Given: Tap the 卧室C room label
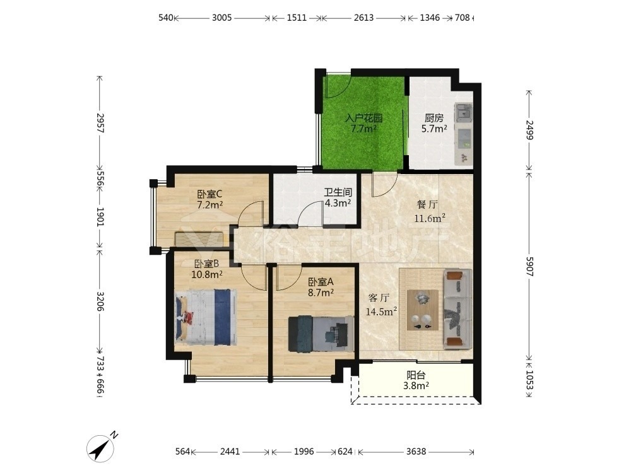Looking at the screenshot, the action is [x=209, y=194].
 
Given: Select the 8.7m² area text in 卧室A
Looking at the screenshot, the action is [x=321, y=293].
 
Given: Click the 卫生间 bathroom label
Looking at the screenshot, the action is [x=338, y=192].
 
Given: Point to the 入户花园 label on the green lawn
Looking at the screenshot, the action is [x=364, y=119].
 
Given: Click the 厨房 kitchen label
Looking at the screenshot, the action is [x=434, y=119].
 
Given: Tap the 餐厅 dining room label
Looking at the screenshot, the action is [x=427, y=205].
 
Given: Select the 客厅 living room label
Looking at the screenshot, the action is [x=379, y=298].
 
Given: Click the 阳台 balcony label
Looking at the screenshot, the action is [x=416, y=375].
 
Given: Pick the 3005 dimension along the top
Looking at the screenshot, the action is [x=221, y=18].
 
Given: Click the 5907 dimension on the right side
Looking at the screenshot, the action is [x=529, y=266].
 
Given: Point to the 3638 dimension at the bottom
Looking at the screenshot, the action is [x=416, y=452].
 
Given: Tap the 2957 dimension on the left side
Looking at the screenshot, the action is [x=100, y=124].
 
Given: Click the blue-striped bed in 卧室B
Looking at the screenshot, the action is [x=206, y=317].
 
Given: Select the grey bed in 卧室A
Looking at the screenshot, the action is [x=321, y=334].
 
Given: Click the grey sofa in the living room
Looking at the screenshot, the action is [x=457, y=308].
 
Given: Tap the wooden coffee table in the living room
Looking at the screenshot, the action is [x=423, y=310].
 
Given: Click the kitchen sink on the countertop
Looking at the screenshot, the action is [x=464, y=112].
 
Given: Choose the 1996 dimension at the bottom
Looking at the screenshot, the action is [x=304, y=452].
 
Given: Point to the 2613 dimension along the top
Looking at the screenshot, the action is [x=364, y=18].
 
